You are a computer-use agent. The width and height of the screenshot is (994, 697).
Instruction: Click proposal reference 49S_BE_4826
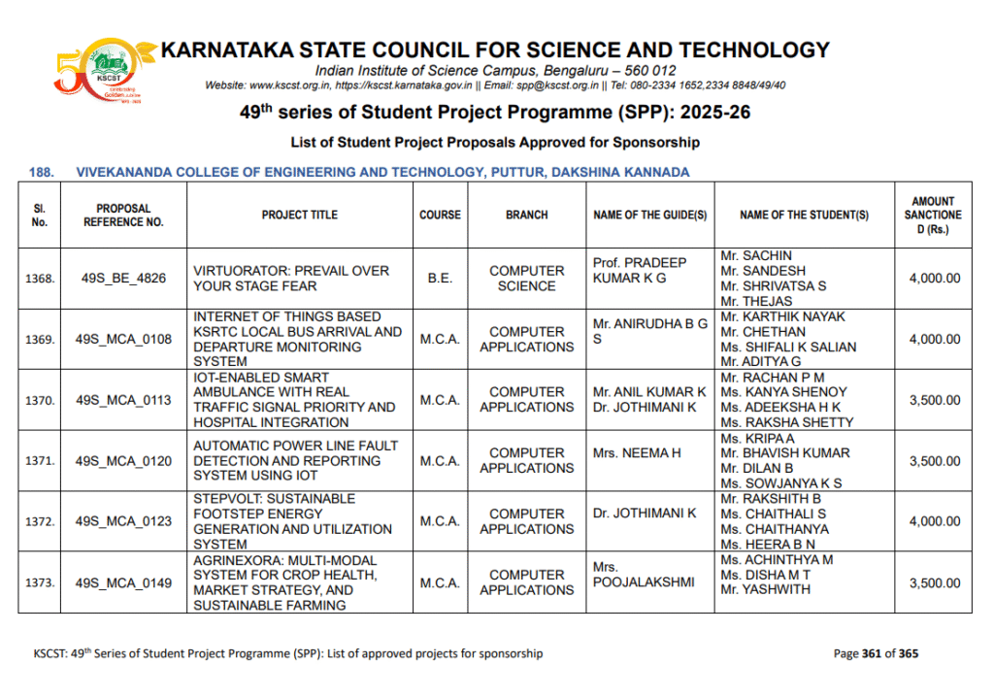[x=123, y=279]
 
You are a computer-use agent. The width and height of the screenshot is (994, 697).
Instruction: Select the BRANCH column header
[x=526, y=215]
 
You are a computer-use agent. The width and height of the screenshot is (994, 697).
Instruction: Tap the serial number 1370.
[x=40, y=400]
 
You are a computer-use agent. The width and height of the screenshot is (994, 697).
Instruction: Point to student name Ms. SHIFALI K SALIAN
[x=788, y=347]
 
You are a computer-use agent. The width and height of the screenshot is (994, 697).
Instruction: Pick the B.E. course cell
[x=440, y=279]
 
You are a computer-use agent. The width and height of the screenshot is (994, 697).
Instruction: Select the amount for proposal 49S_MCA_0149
[x=934, y=583]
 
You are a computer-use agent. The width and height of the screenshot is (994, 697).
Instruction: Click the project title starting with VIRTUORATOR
[x=291, y=279]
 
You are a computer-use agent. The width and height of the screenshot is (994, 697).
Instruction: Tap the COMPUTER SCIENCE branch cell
[x=526, y=279]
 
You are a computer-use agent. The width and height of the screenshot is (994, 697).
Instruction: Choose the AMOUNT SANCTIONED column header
[x=933, y=215]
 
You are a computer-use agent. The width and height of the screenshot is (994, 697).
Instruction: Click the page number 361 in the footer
[x=871, y=653]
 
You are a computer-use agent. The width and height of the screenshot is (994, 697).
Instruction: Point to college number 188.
[x=41, y=172]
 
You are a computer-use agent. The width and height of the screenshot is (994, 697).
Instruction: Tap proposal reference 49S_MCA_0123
[x=123, y=521]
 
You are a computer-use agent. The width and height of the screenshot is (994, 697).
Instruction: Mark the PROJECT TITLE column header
[x=299, y=215]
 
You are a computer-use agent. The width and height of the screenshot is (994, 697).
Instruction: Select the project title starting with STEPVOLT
[x=292, y=521]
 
